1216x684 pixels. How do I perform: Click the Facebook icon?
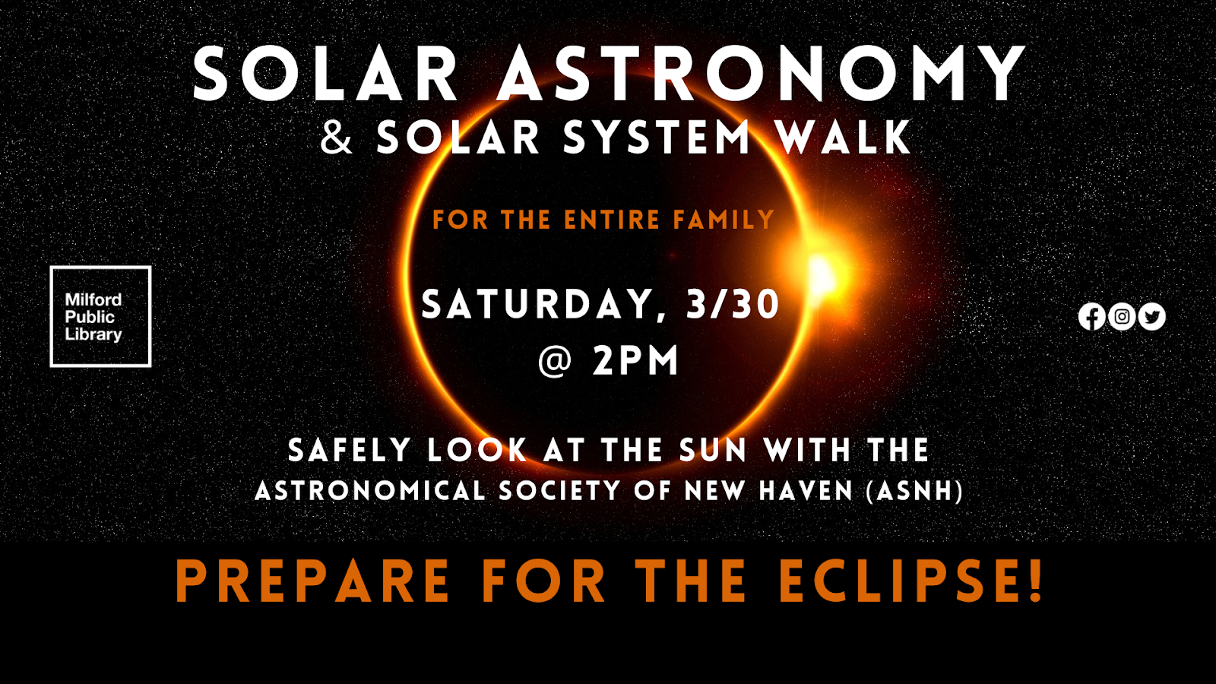pyautogui.click(x=1091, y=316)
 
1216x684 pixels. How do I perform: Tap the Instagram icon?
pyautogui.click(x=1122, y=316)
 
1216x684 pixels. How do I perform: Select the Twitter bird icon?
pyautogui.click(x=1152, y=316)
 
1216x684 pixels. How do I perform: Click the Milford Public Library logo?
pyautogui.click(x=100, y=316)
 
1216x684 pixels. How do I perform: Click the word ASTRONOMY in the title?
pyautogui.click(x=761, y=73)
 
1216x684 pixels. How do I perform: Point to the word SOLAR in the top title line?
pyautogui.click(x=325, y=73)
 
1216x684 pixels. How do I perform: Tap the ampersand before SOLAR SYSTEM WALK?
pyautogui.click(x=337, y=138)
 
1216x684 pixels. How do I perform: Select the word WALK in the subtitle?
pyautogui.click(x=844, y=138)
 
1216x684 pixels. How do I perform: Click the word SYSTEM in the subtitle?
pyautogui.click(x=657, y=138)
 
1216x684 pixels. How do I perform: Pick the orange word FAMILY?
pyautogui.click(x=724, y=220)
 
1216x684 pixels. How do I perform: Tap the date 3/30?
pyautogui.click(x=733, y=304)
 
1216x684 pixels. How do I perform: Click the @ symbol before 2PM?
pyautogui.click(x=555, y=360)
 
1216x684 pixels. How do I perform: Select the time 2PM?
pyautogui.click(x=635, y=360)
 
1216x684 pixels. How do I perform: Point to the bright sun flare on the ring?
pyautogui.click(x=821, y=274)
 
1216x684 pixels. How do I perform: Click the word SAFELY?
pyautogui.click(x=350, y=450)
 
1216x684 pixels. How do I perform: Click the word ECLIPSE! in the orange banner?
pyautogui.click(x=911, y=580)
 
